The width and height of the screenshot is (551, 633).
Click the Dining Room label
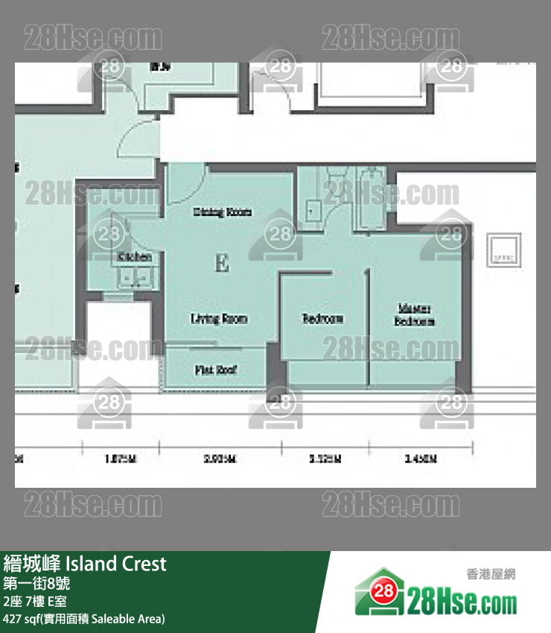point(222,212)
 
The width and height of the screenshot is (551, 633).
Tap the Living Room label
point(219,319)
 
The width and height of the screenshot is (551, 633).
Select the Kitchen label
point(135,257)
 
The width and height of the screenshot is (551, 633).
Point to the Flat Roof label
point(216,369)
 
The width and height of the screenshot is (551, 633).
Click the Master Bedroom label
point(415,315)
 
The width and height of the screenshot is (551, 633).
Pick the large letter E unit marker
point(221,263)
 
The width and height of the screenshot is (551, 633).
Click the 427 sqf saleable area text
point(84,619)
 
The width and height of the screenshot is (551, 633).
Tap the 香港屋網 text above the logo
point(490,574)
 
